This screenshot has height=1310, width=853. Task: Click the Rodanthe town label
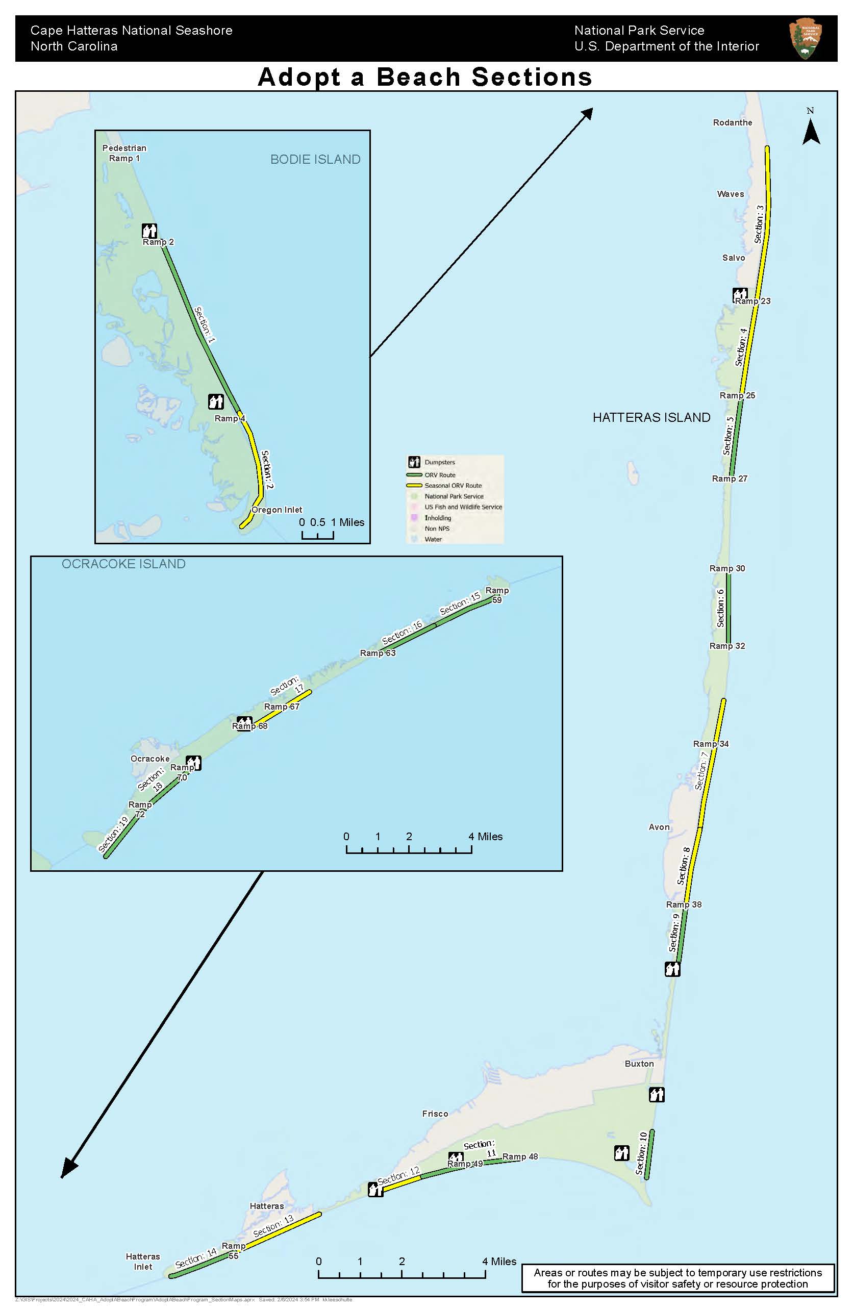click(x=732, y=123)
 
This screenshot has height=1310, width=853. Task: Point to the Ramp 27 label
click(x=729, y=479)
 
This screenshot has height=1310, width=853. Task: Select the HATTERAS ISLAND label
click(x=651, y=418)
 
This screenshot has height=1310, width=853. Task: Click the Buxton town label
click(x=639, y=1064)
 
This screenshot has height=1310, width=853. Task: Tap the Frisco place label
click(x=435, y=1114)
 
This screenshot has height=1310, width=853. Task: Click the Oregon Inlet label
click(x=277, y=510)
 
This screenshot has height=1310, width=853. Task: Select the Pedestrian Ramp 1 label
click(x=124, y=153)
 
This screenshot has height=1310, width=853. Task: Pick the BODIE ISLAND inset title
click(x=315, y=160)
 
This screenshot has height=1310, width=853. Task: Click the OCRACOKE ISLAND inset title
click(x=123, y=564)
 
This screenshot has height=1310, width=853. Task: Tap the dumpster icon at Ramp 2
click(x=149, y=231)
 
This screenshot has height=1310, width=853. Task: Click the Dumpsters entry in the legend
click(x=439, y=462)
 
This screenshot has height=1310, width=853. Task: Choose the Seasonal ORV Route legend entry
click(x=453, y=486)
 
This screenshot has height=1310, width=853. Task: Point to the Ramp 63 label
click(x=378, y=653)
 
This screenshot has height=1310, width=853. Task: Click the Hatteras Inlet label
click(x=142, y=1262)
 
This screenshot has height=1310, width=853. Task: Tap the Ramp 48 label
click(x=519, y=1157)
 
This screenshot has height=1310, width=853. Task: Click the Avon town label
click(x=659, y=827)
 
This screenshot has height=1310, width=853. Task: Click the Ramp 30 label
click(x=726, y=569)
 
